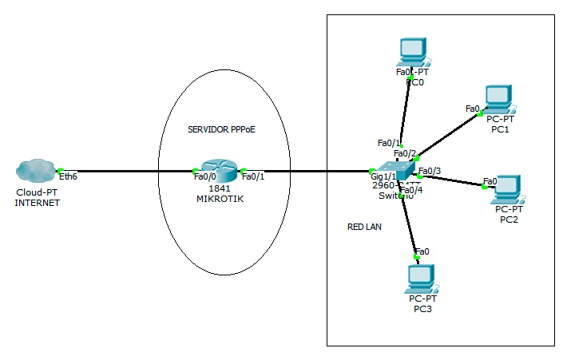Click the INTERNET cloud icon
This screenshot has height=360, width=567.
point(35,171)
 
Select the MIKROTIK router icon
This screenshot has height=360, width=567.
point(218,170)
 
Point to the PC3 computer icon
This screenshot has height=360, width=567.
point(418,277)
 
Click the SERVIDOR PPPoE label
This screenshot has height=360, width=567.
point(221,129)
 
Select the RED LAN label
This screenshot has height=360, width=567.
point(364,227)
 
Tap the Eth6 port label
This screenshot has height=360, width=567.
point(69,177)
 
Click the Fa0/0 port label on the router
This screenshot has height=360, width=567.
point(204,177)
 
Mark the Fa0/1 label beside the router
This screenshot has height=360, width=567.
point(253,177)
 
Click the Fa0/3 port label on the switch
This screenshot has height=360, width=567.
point(430,171)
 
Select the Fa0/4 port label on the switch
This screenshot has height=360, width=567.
point(411,190)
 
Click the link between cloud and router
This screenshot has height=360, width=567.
point(128,171)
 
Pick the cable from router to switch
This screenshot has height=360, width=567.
point(307,171)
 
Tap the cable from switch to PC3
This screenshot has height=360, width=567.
point(410,224)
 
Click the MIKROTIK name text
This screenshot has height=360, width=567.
point(219,198)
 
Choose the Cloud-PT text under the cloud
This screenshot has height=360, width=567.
point(36,192)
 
